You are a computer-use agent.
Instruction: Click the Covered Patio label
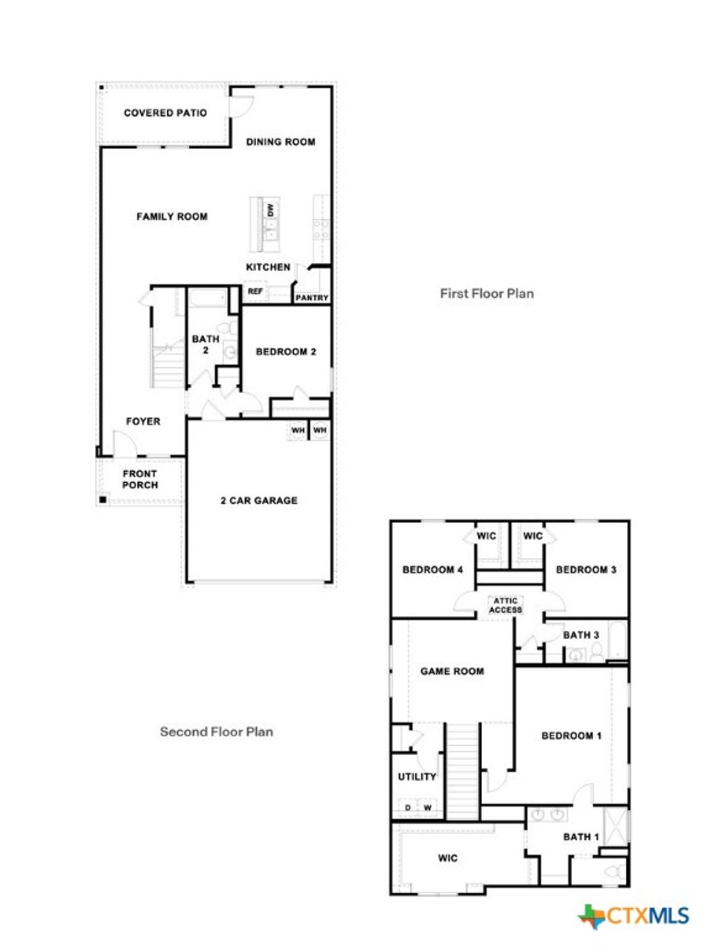(x=165, y=113)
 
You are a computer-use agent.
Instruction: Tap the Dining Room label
(x=281, y=142)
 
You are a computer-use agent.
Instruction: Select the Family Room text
(x=172, y=217)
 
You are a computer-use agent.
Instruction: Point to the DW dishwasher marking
(x=271, y=209)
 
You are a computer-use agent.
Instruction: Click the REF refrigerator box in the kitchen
(x=256, y=292)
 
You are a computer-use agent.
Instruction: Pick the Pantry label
(x=312, y=298)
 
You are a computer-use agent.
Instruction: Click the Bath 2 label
(x=206, y=344)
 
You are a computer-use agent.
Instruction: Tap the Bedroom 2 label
(x=286, y=351)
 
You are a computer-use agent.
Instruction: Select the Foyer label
(x=143, y=422)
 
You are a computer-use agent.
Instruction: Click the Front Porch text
(x=140, y=479)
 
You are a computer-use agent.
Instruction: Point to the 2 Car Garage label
(x=259, y=500)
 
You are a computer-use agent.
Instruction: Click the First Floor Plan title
(x=487, y=293)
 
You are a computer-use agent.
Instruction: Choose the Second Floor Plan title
(x=217, y=731)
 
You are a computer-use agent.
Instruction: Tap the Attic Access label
(x=505, y=605)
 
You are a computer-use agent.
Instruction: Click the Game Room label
(x=452, y=671)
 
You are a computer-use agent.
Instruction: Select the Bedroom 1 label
(x=571, y=735)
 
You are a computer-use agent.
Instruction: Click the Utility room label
(x=417, y=776)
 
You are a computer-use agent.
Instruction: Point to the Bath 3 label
(x=580, y=635)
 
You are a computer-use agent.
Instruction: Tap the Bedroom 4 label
(x=433, y=569)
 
